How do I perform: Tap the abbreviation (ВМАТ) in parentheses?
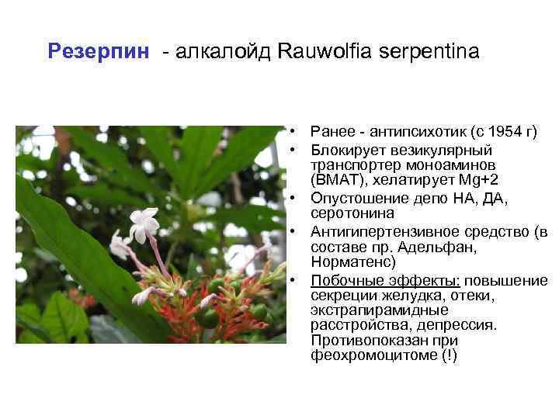point(335,180)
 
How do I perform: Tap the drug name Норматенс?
point(352,262)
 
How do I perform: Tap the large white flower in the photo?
point(144,224)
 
